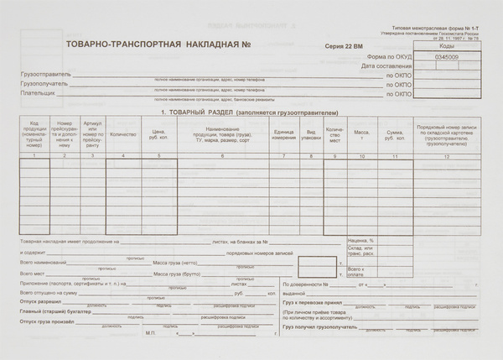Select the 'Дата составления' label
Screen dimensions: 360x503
(386, 65)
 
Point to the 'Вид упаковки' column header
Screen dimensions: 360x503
(310, 134)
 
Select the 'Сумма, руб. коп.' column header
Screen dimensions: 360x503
(394, 134)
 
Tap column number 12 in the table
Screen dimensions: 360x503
(447, 157)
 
